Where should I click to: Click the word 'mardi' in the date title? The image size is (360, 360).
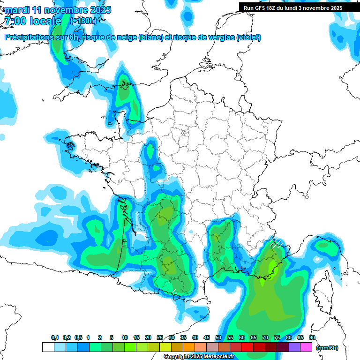pos(17,10)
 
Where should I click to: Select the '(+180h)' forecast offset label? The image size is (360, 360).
pos(83,21)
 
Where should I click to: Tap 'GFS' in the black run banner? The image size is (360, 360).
pos(262,8)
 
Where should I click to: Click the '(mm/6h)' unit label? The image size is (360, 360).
pos(327,348)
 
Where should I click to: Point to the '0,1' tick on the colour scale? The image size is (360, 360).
pos(54,338)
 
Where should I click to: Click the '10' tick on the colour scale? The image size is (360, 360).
pos(125,338)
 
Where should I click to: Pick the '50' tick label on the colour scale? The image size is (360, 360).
pos(218,338)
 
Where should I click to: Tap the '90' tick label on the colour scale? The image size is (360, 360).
pos(312,338)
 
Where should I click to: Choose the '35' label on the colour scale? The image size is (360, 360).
pos(183,338)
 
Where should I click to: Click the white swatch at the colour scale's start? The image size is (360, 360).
pos(48,347)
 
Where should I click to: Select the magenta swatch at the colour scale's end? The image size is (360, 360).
pos(306,347)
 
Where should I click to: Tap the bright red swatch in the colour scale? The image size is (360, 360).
pos(247,347)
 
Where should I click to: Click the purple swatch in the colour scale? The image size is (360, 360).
pos(294,347)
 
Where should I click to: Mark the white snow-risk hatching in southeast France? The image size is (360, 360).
pos(276,243)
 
